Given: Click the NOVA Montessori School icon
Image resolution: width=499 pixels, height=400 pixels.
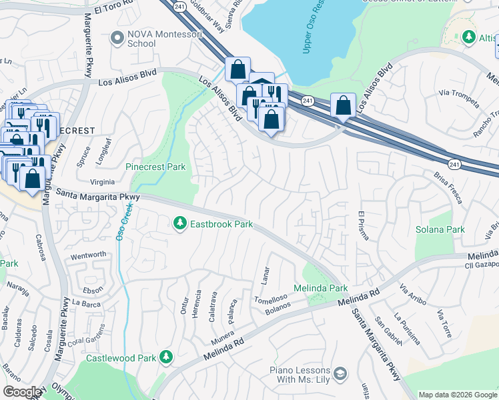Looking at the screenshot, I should [x=117, y=38].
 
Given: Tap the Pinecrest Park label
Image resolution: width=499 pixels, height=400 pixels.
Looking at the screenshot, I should [x=155, y=167].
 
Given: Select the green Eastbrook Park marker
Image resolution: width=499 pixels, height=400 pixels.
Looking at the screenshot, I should [x=179, y=224].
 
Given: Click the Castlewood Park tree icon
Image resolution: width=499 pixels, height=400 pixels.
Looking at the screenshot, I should [x=165, y=359].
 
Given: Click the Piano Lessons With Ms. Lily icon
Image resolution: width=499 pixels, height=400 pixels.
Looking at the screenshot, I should [x=341, y=373].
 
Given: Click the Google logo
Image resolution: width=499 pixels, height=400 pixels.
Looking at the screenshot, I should [x=22, y=392].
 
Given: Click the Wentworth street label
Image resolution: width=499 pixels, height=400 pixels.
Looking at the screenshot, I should [x=88, y=255].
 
